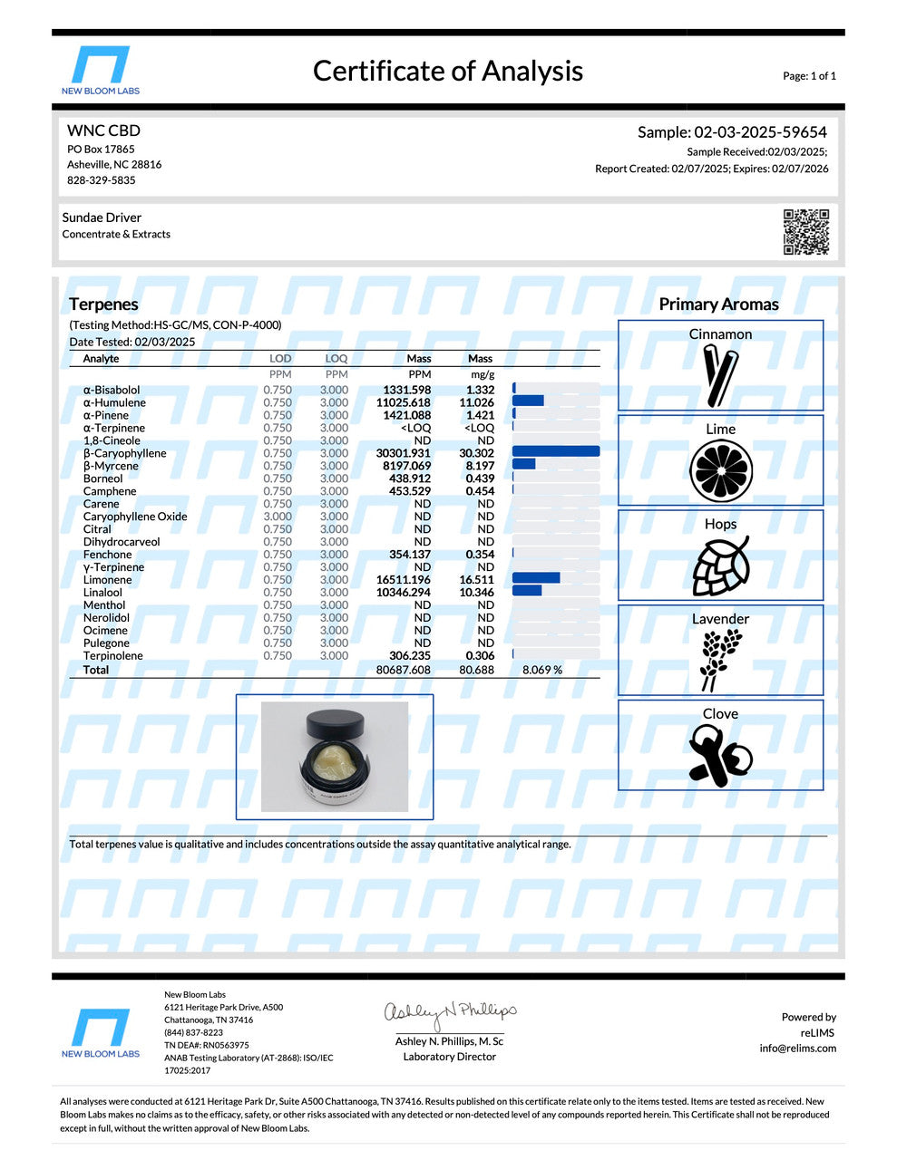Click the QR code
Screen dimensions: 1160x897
(x=805, y=232)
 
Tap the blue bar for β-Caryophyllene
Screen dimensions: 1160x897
(x=555, y=452)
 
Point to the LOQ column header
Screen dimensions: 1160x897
(x=336, y=359)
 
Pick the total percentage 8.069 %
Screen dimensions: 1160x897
(x=542, y=670)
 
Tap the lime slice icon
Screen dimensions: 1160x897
(x=721, y=470)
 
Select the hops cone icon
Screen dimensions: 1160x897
(x=721, y=566)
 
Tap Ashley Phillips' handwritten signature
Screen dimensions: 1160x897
(x=450, y=1011)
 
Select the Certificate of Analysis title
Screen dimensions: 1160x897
(x=448, y=71)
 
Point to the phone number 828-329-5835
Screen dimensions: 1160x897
(x=102, y=180)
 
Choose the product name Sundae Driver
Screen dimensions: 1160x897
(x=102, y=217)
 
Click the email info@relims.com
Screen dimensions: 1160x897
(x=798, y=1049)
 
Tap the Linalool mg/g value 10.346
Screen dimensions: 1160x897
(x=476, y=593)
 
